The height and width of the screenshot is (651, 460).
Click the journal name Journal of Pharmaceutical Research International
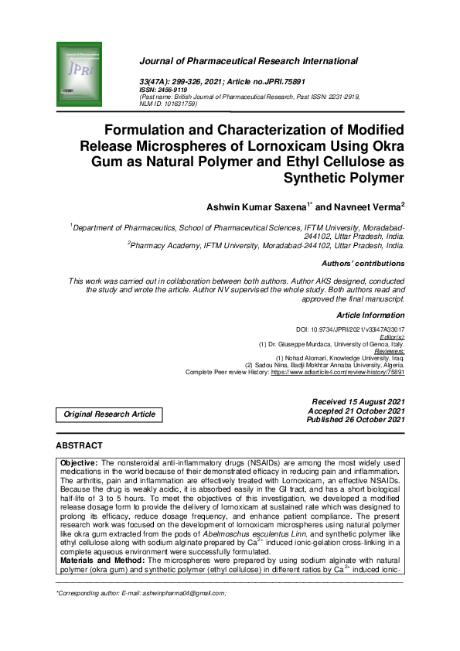pos(247,61)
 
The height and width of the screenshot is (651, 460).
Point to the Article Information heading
pos(370,315)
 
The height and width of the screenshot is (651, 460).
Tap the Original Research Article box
pos(109,414)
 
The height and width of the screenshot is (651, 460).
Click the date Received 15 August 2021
pos(357,402)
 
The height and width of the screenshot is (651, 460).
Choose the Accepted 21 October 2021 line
pos(356,411)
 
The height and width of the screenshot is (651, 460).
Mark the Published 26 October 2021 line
pos(355,419)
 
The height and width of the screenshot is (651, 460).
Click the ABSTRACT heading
pos(80,446)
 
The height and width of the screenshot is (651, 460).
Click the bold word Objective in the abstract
pos(78,462)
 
